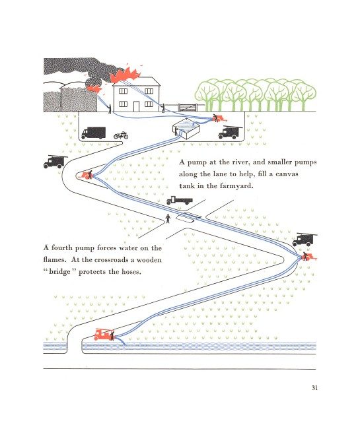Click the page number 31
314,388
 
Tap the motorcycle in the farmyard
121,135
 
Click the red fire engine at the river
104,335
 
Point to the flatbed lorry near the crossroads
179,201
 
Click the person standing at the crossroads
168,218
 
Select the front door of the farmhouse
136,106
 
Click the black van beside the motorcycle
93,133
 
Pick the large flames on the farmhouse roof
125,75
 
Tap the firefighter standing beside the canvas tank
176,131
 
